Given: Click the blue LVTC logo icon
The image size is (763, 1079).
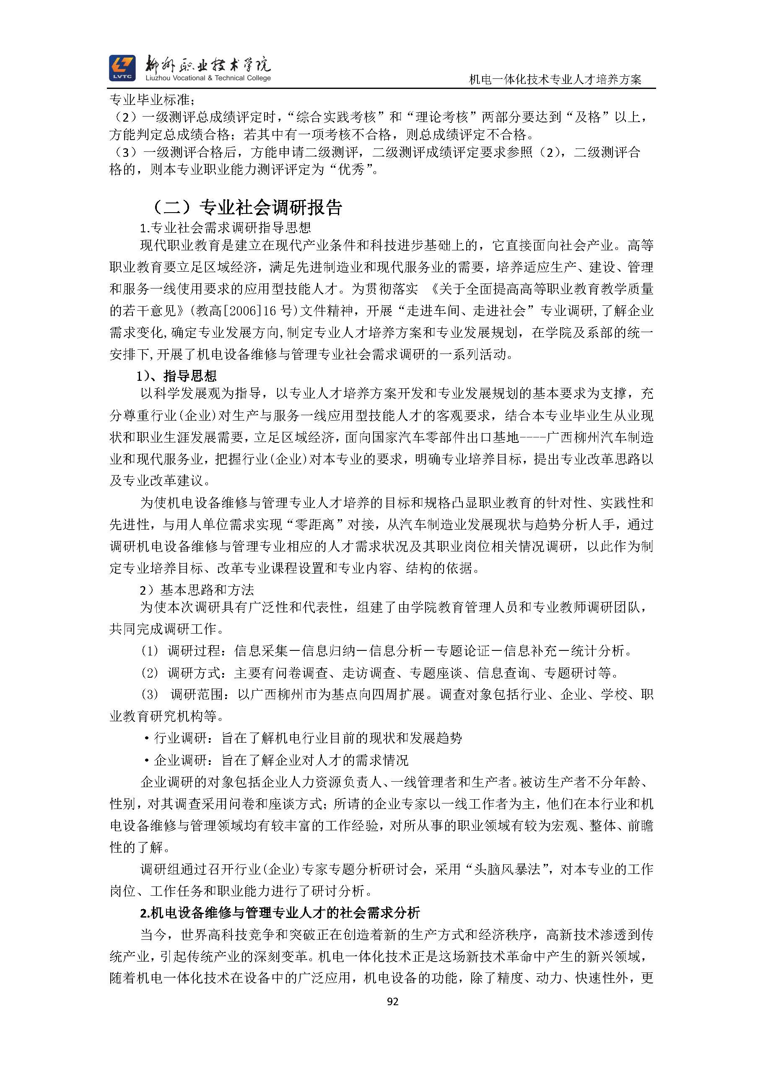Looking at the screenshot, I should (122, 68).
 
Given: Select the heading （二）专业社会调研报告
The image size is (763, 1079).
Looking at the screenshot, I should (248, 207).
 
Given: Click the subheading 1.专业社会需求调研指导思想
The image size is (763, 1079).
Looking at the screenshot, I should (226, 228).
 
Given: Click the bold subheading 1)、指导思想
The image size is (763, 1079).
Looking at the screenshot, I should (176, 376).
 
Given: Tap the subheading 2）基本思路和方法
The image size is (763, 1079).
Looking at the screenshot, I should (197, 589).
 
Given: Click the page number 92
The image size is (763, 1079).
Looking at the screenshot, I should (392, 1001).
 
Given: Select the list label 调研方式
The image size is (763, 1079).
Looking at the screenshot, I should (194, 673).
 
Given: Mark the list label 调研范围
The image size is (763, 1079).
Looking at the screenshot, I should (196, 694).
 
